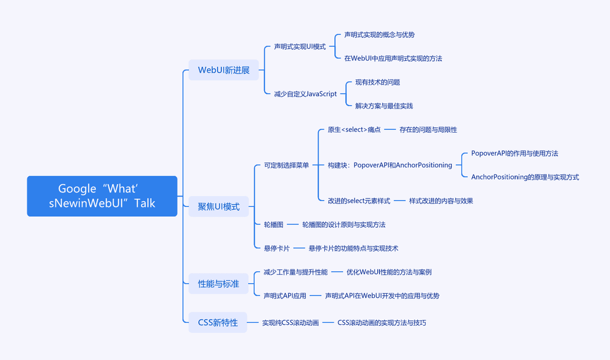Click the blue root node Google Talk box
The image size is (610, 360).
(102, 196)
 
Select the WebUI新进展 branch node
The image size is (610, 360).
(224, 70)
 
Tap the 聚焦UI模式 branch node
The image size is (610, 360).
(219, 207)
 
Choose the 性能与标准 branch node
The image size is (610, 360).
(219, 284)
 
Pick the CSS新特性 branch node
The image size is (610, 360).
(218, 323)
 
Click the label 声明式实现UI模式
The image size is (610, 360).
(300, 47)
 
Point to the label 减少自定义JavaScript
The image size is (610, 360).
(306, 94)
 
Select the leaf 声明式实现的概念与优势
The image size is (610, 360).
(380, 34)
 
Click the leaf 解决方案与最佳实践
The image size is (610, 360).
(384, 106)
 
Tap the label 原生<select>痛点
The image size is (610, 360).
(354, 129)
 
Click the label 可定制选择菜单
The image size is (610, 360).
(286, 165)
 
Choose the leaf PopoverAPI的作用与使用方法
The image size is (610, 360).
(515, 153)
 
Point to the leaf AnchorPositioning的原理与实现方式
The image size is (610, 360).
(525, 177)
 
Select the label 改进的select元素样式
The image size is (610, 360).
(359, 201)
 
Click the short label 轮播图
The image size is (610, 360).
(274, 224)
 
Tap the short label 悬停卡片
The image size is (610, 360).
(277, 248)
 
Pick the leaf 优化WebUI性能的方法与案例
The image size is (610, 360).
(389, 272)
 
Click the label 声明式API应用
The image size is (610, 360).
(285, 296)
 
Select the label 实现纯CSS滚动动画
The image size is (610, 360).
(291, 323)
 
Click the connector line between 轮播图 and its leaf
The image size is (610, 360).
(293, 224)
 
